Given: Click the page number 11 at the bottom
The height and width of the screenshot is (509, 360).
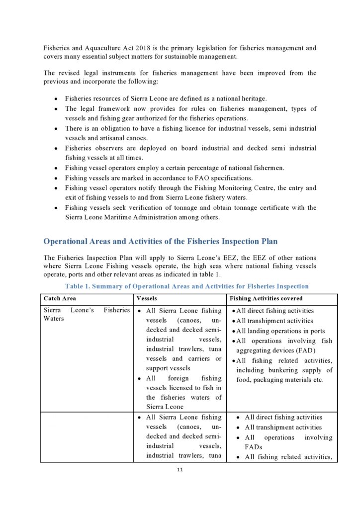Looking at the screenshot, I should pyautogui.click(x=180, y=471).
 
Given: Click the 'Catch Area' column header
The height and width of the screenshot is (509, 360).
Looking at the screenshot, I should pyautogui.click(x=60, y=299).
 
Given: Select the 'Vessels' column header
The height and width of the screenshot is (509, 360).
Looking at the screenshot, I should pyautogui.click(x=147, y=299).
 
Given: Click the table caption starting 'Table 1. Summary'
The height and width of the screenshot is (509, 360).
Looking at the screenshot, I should pyautogui.click(x=187, y=286).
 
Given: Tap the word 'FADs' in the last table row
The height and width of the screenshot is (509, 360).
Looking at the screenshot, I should pyautogui.click(x=254, y=447).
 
